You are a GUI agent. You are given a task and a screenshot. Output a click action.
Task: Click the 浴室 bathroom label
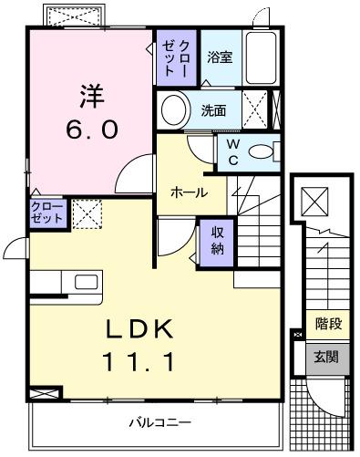coord(219,57)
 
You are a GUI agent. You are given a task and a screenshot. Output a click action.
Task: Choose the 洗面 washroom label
coord(214,111)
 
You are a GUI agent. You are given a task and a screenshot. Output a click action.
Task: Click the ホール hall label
coord(189,192)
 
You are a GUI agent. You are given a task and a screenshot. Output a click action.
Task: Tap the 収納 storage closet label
coord(219,241)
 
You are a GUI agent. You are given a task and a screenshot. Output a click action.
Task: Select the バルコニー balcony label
coord(159,422)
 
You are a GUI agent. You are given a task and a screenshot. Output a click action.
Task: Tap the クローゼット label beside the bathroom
coord(176,57)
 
